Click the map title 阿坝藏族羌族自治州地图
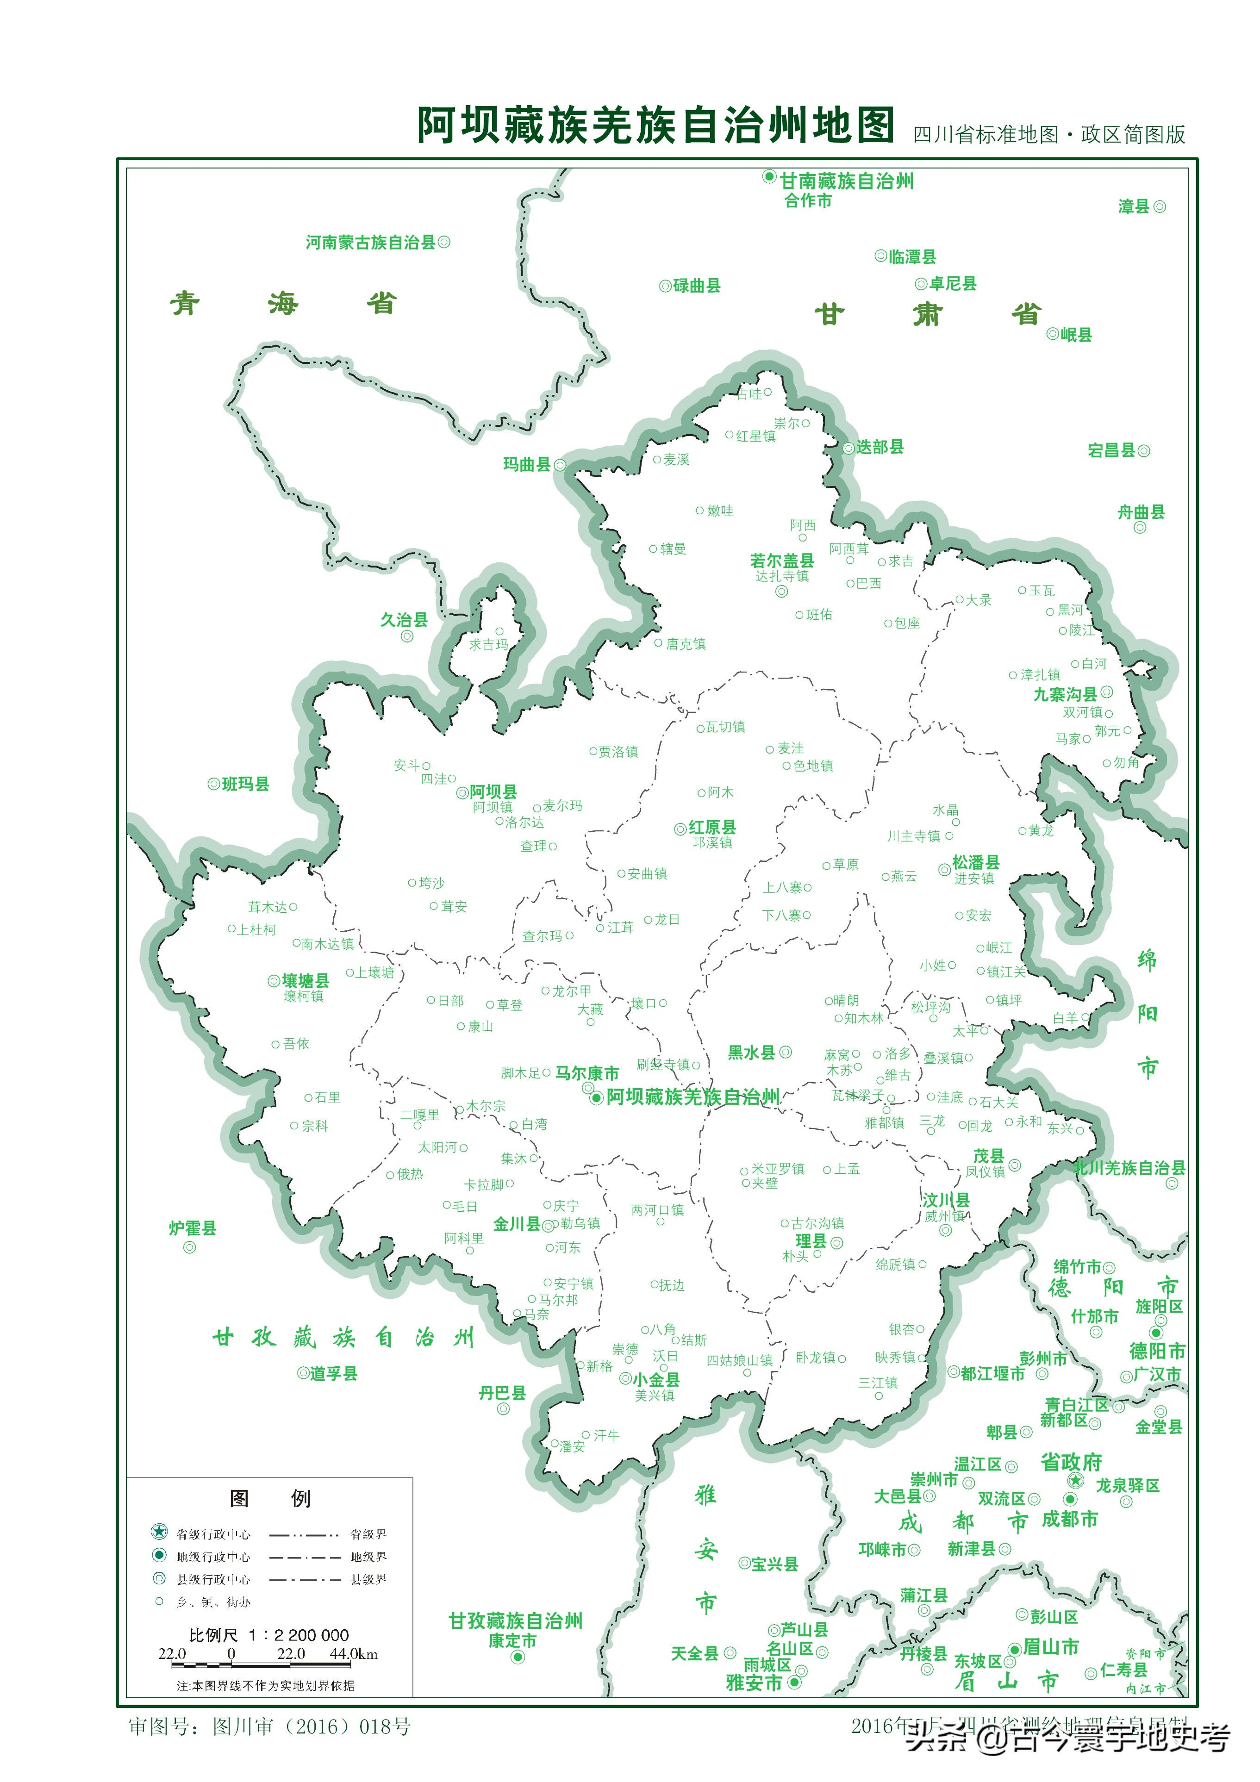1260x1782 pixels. [656, 126]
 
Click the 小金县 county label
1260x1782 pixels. [656, 1379]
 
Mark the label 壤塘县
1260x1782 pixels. [305, 981]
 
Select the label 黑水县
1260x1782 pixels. [751, 1053]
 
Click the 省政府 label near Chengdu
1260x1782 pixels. [1071, 1462]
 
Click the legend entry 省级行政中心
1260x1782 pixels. [213, 1534]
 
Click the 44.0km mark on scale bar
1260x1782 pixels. [353, 1653]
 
